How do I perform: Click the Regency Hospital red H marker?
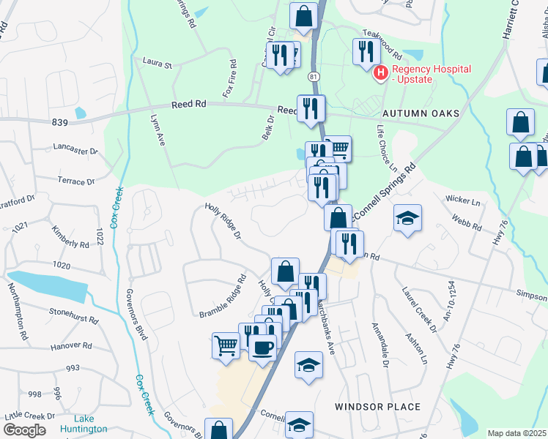pyautogui.click(x=381, y=72)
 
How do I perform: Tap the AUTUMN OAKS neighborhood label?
pyautogui.click(x=421, y=113)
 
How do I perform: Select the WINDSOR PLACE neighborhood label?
pyautogui.click(x=377, y=406)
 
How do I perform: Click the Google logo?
pyautogui.click(x=24, y=430)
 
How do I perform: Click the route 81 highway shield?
pyautogui.click(x=314, y=77)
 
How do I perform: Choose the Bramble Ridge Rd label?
pyautogui.click(x=223, y=296)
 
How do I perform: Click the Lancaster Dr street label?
pyautogui.click(x=75, y=150)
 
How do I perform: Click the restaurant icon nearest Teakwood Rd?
pyautogui.click(x=364, y=52)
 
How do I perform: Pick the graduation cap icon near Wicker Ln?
pyautogui.click(x=407, y=218)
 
